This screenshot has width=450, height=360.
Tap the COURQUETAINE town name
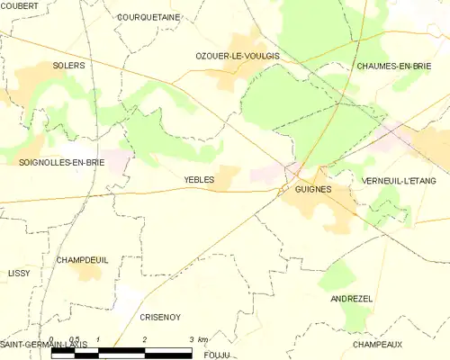pos(148,16)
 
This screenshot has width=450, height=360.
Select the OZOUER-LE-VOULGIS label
pos(238,56)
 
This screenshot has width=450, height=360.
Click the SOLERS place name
pos(68,66)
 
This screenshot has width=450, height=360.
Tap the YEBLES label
pos(199,180)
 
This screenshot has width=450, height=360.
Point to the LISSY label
pos(19,272)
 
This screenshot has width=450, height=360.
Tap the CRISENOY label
pos(161,317)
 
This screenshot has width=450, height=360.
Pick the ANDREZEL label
pos(351,298)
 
